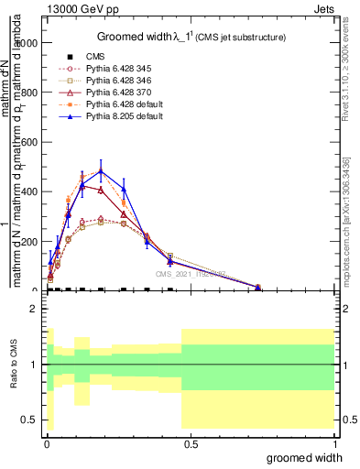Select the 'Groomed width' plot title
pyautogui.click(x=192, y=37)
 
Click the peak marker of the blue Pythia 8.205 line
pyautogui.click(x=101, y=170)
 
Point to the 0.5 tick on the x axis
pyautogui.click(x=190, y=443)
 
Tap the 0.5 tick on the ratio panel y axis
pyautogui.click(x=30, y=420)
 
